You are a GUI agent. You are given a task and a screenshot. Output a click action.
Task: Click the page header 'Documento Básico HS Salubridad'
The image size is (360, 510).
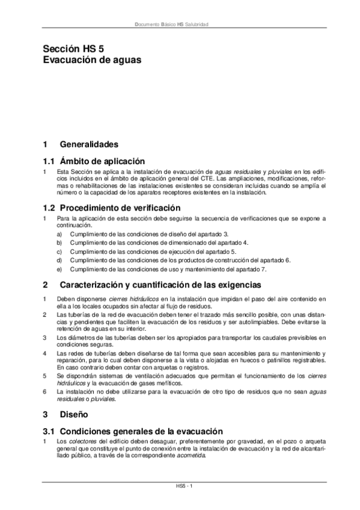click(x=180, y=25)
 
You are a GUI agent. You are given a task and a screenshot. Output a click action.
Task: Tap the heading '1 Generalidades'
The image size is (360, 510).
click(x=80, y=145)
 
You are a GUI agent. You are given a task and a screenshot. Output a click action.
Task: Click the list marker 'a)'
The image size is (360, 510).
click(x=59, y=233)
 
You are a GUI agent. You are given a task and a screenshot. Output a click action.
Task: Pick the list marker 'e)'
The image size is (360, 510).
click(x=59, y=270)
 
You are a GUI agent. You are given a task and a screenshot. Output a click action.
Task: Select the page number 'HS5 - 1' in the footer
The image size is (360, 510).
click(x=180, y=485)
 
